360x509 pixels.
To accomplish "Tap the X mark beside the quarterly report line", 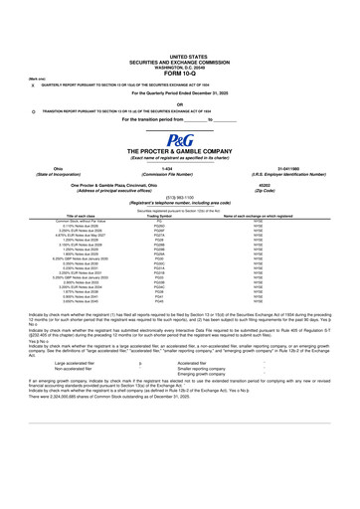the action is coord(34,85).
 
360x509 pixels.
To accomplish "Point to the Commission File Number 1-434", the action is coord(180,169).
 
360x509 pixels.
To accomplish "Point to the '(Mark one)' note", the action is coord(35,78).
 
